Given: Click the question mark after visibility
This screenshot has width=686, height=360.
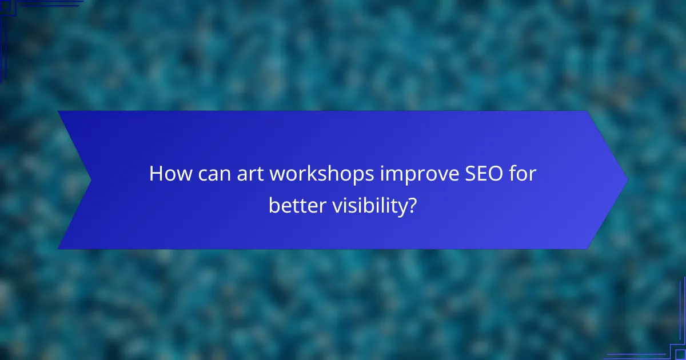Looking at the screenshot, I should point(412,205).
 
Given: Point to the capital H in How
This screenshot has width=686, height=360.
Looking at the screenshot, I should point(156,174).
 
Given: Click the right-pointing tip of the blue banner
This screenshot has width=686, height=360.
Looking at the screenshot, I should point(627,180).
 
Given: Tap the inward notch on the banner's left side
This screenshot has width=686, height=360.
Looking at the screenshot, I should point(90,180).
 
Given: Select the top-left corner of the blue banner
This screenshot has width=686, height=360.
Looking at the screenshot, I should point(59,111).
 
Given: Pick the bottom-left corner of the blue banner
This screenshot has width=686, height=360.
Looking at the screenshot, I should point(59,248).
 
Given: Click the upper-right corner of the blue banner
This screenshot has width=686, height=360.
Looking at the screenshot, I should point(588,112).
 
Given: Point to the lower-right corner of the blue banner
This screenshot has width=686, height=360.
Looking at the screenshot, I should point(588,248).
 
